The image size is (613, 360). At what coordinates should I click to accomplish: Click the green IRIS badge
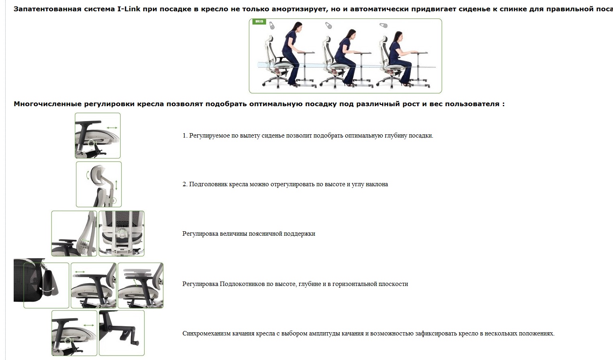(259, 21)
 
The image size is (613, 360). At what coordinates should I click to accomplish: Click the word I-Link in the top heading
(129, 9)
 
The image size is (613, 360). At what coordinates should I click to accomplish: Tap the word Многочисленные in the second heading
(48, 104)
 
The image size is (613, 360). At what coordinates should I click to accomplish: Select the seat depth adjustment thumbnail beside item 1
(98, 136)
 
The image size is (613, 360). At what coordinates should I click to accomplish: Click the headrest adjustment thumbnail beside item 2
(99, 184)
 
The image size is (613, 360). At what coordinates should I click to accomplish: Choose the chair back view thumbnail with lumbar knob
(121, 234)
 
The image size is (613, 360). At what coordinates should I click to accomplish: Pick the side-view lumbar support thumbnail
(74, 234)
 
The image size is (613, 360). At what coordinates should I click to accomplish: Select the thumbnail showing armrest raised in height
(141, 286)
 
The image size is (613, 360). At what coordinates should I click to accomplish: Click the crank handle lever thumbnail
(122, 333)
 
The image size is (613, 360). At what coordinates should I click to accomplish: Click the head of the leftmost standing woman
(297, 27)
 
